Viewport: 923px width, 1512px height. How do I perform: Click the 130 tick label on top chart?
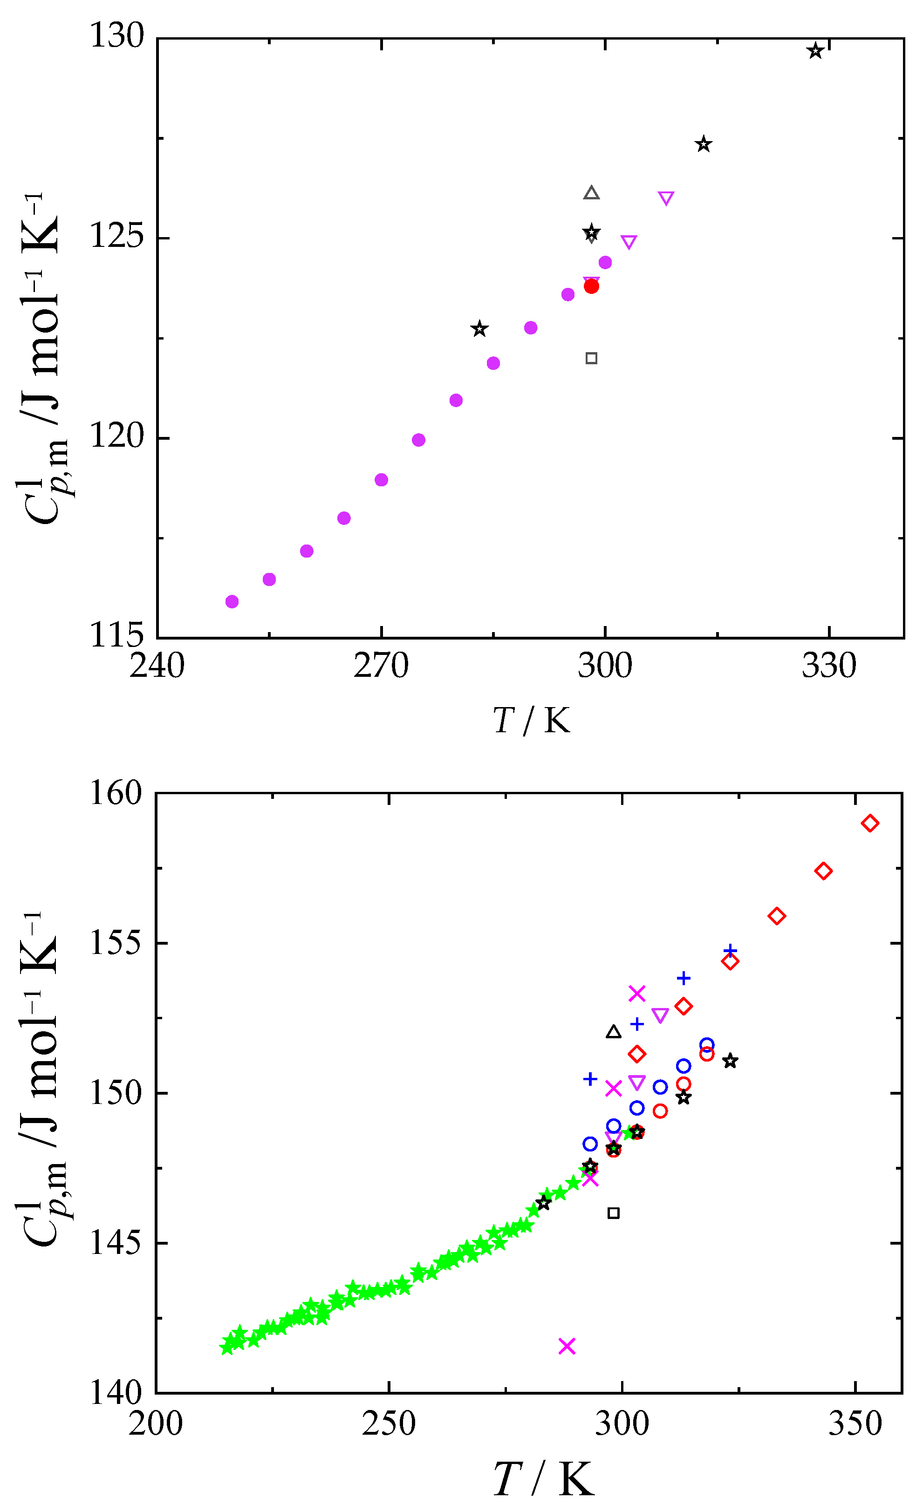[x=116, y=35]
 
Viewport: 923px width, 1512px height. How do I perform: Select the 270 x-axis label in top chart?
[x=381, y=666]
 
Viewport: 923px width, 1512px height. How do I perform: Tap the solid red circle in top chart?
[x=591, y=286]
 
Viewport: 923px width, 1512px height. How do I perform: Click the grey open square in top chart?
[x=591, y=358]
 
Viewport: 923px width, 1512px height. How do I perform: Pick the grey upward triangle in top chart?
[x=591, y=193]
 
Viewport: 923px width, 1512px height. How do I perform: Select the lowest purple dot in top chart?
[x=232, y=601]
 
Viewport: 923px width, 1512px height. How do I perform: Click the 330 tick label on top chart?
[x=828, y=666]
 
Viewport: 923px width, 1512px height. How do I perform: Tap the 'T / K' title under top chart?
[x=532, y=721]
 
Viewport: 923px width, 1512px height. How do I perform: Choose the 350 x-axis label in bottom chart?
[x=855, y=1423]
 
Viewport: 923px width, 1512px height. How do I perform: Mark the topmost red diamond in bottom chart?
[x=869, y=824]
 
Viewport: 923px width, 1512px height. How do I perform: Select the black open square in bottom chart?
[x=613, y=1213]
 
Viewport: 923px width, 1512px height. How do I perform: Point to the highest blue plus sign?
[x=730, y=951]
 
